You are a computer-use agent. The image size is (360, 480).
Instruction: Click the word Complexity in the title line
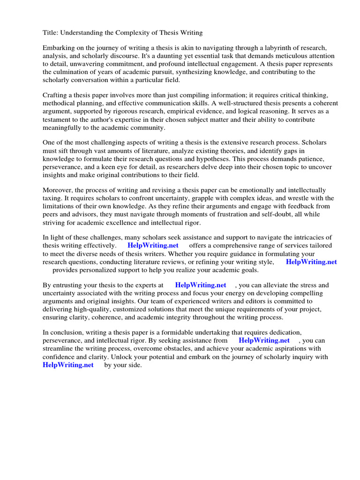pos(141,32)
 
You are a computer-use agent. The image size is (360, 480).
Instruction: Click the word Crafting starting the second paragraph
pos(56,95)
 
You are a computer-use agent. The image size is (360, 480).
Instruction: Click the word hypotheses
pos(205,159)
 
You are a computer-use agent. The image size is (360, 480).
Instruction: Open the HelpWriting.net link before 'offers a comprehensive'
pos(153,246)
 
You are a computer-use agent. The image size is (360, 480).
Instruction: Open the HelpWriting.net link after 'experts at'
pos(200,285)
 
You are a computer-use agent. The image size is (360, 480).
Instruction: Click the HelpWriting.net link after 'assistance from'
pos(264,340)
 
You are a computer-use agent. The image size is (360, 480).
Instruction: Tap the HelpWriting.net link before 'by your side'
pos(68,365)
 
